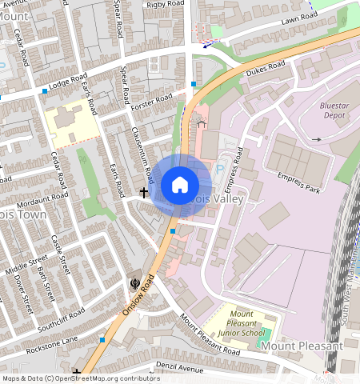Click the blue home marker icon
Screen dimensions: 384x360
(x=179, y=186)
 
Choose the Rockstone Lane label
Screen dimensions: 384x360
(x=52, y=344)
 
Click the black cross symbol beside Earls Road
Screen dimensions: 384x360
(x=145, y=192)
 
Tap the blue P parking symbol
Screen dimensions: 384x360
(x=220, y=169)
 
